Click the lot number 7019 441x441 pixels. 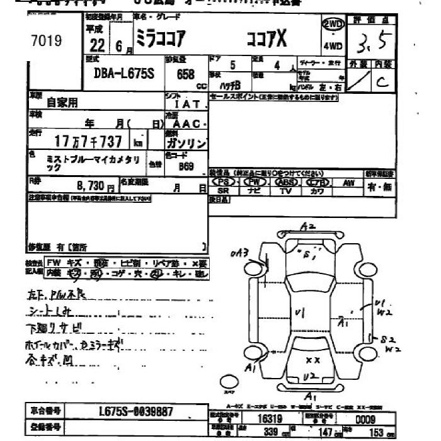(x=46, y=41)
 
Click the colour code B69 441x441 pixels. (x=185, y=167)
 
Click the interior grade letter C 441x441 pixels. (x=382, y=82)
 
